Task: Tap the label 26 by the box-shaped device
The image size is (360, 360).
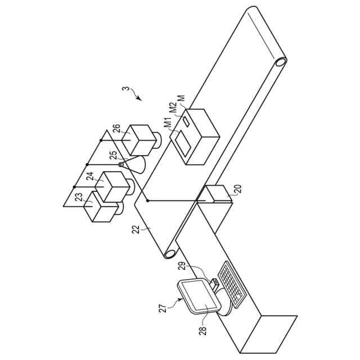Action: click(x=116, y=129)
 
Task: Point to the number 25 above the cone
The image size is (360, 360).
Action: click(x=113, y=155)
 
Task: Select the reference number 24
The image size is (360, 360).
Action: click(x=90, y=176)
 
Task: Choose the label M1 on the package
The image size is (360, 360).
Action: click(x=168, y=123)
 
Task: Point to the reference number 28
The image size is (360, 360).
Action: click(x=202, y=329)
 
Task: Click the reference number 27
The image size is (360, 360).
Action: click(x=162, y=307)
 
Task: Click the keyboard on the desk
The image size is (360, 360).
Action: click(x=231, y=284)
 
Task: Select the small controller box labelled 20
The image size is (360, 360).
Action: click(x=217, y=195)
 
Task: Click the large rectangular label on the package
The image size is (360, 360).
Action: click(x=182, y=140)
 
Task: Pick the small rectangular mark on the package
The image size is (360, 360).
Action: click(x=186, y=120)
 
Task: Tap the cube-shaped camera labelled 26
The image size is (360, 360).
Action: click(x=140, y=138)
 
